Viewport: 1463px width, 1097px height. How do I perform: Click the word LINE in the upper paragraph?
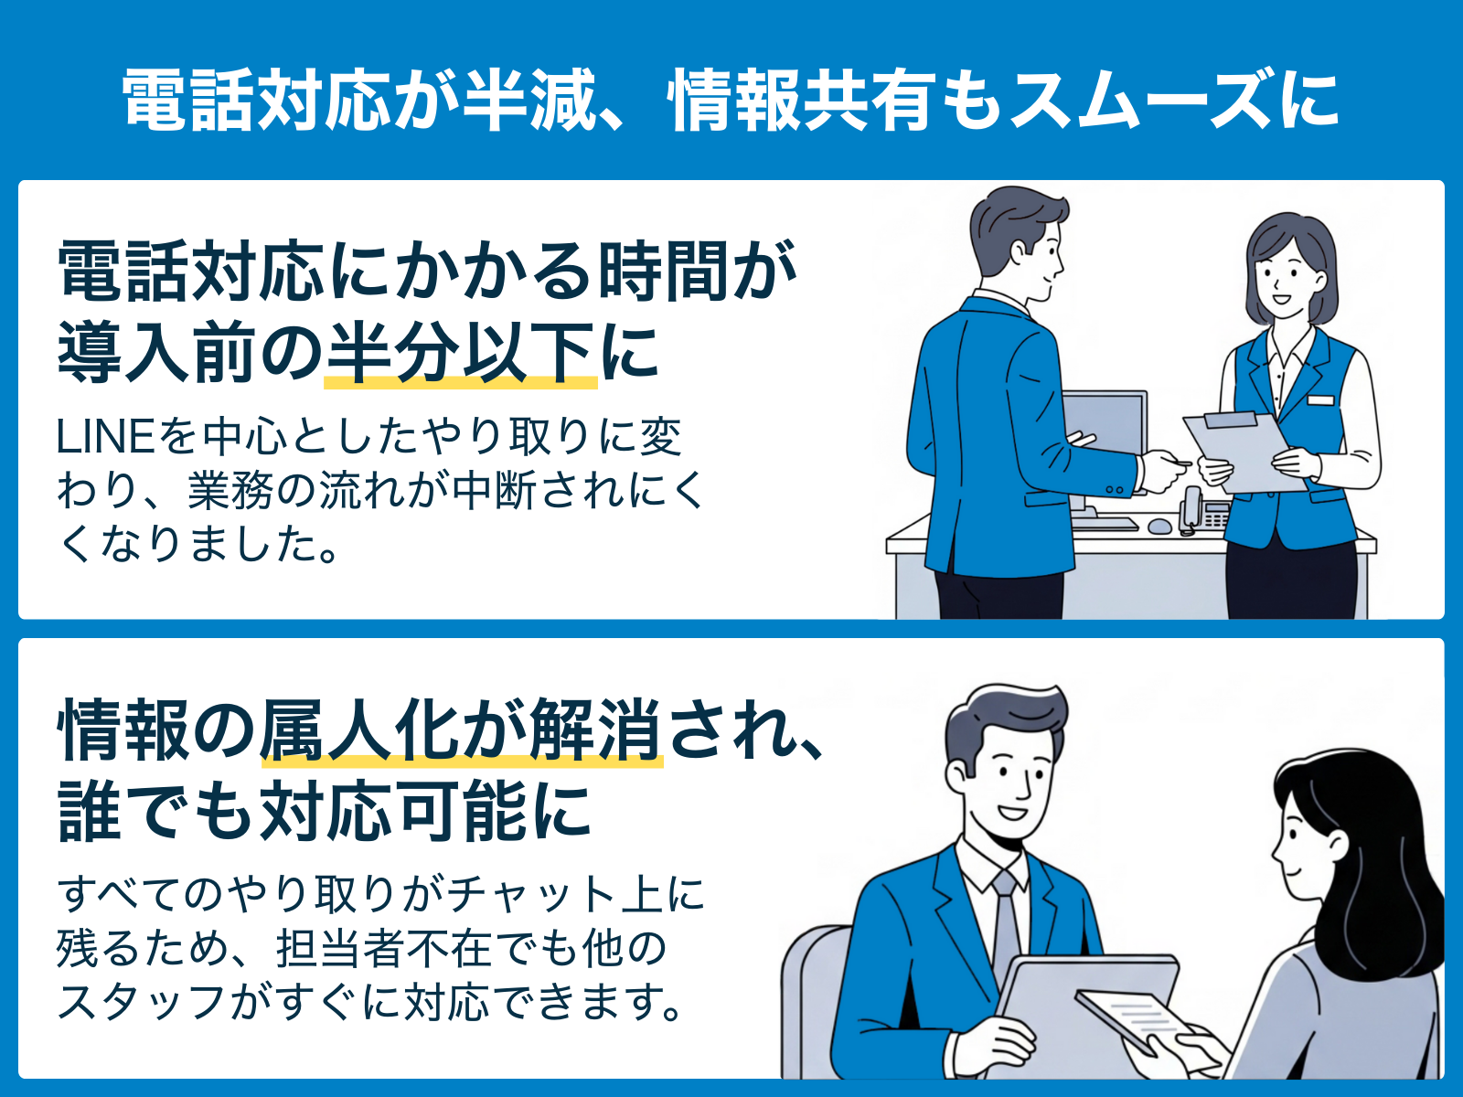pyautogui.click(x=106, y=438)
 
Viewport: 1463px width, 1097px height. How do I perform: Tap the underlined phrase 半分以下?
pyautogui.click(x=460, y=352)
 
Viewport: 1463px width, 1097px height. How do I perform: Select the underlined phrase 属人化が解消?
pyautogui.click(x=461, y=730)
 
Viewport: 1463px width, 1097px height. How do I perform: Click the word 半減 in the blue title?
pyautogui.click(x=529, y=100)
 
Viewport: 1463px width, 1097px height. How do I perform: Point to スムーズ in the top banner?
pyautogui.click(x=1142, y=100)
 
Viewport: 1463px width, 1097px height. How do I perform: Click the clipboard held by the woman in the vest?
pyautogui.click(x=1243, y=452)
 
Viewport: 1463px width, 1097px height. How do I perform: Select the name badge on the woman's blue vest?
pyautogui.click(x=1320, y=400)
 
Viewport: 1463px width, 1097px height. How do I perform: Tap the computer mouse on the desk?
pyautogui.click(x=1159, y=527)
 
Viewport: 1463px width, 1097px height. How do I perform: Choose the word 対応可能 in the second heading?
pyautogui.click(x=392, y=811)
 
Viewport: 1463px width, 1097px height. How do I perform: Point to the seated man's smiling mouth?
pyautogui.click(x=1012, y=813)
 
